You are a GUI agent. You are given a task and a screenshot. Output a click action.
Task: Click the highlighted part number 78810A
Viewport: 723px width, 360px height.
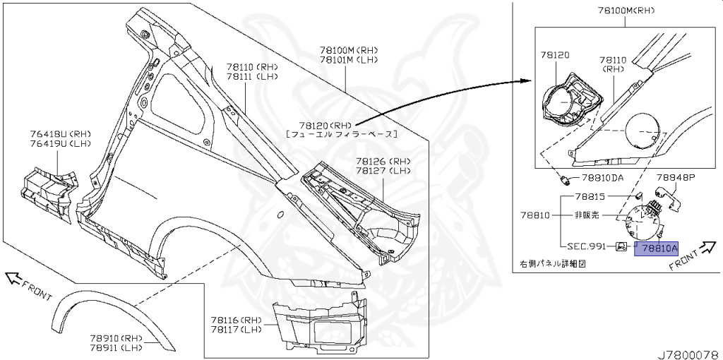[657, 248]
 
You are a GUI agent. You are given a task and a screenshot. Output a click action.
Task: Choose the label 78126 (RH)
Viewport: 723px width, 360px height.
[383, 161]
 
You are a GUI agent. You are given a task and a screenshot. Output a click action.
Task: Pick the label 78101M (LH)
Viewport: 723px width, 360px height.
[349, 60]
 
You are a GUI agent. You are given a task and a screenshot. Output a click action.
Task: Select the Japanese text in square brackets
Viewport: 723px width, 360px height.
[342, 133]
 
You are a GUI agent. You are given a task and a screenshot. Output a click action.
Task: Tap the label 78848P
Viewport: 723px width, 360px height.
[676, 178]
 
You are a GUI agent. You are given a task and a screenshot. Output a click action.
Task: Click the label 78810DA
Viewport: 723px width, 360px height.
[602, 178]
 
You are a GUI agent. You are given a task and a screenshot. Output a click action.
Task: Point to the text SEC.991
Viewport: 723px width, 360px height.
[586, 246]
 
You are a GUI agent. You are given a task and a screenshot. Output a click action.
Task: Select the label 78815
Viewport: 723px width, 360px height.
[590, 196]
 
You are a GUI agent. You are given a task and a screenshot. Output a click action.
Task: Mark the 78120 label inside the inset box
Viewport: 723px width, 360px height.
[556, 54]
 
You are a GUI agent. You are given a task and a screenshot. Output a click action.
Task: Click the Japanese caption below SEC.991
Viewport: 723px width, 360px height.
[553, 263]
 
